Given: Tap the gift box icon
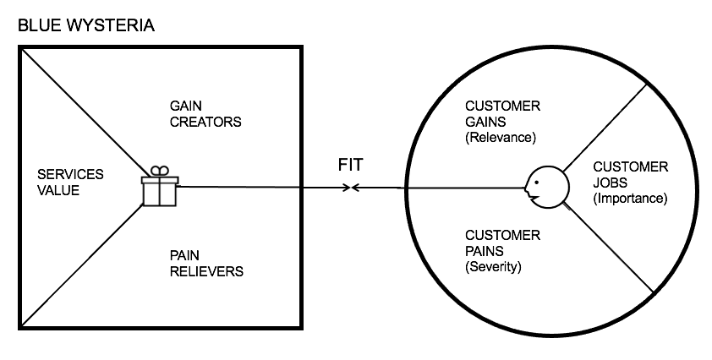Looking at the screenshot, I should click(x=159, y=190).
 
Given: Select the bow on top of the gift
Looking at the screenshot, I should click(x=159, y=170).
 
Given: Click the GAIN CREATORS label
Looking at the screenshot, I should click(x=205, y=113).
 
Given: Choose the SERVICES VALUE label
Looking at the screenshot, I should click(x=71, y=183).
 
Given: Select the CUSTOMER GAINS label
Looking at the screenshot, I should click(x=503, y=114).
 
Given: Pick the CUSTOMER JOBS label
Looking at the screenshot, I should click(x=630, y=175).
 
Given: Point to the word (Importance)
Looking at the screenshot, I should click(x=630, y=199).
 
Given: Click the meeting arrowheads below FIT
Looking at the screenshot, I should click(x=350, y=187).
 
